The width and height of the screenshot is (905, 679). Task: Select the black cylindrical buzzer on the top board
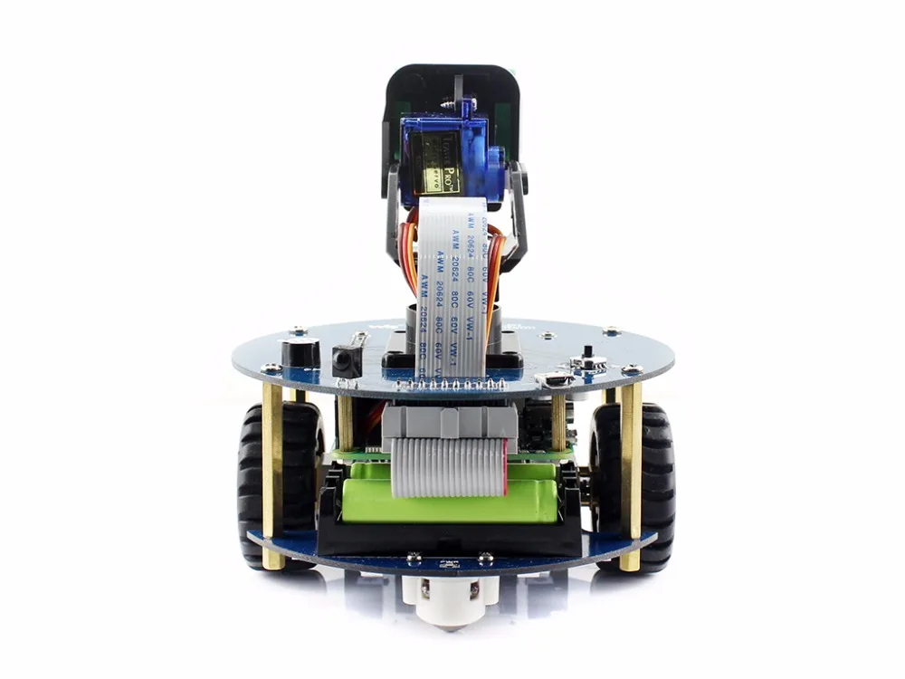300,353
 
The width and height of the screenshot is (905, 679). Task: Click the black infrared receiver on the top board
347,361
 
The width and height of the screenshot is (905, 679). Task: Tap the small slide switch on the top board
591,360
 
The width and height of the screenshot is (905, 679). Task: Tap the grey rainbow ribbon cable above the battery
448,466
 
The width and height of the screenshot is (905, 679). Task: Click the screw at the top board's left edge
271,368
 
